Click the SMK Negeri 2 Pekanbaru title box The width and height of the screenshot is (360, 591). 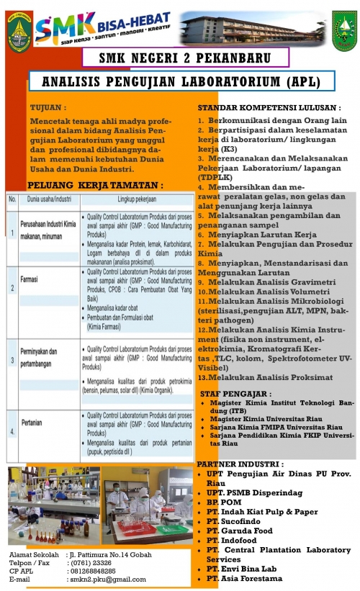click(x=185, y=58)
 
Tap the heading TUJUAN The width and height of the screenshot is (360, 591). click(x=50, y=107)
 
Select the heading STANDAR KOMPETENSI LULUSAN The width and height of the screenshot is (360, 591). click(x=269, y=107)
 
